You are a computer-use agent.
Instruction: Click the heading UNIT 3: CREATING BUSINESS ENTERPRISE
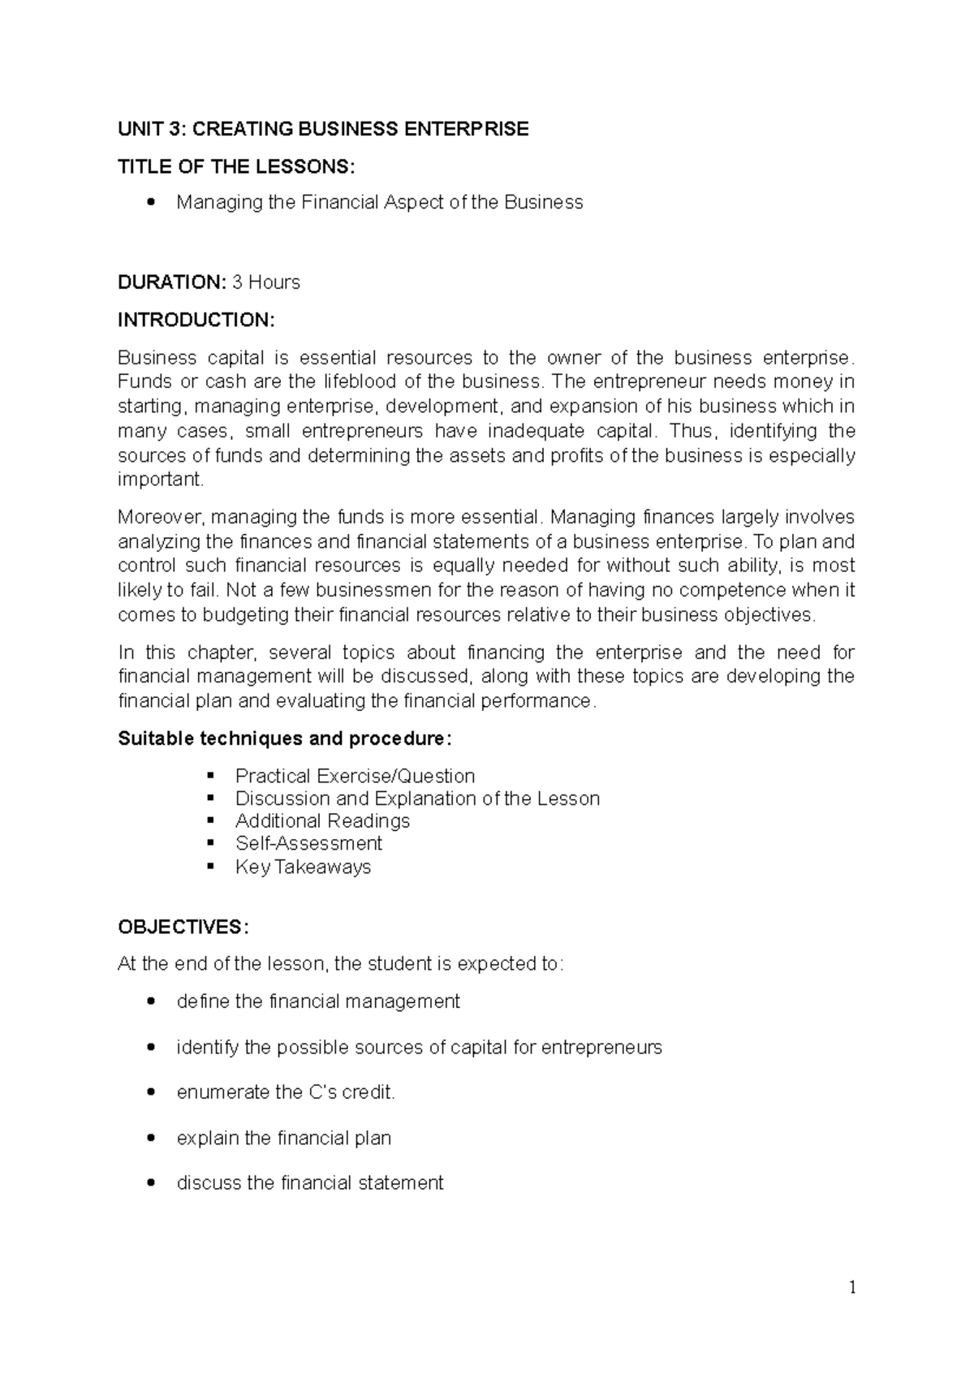click(323, 129)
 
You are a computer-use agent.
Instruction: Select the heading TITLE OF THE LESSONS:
click(236, 167)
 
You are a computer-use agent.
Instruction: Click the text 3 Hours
click(266, 282)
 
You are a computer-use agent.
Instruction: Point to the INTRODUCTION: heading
click(196, 320)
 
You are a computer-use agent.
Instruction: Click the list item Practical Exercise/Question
click(355, 776)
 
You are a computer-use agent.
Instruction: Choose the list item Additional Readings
click(322, 821)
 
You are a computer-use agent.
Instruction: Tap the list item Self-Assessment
click(308, 844)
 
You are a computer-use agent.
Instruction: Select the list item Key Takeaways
click(303, 867)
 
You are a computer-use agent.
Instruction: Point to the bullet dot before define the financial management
click(151, 1002)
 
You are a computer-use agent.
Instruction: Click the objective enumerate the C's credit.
click(286, 1092)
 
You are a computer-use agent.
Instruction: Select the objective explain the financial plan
click(284, 1138)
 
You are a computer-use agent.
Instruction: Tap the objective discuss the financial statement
click(310, 1183)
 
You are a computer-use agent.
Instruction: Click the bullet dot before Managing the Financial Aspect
click(151, 203)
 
